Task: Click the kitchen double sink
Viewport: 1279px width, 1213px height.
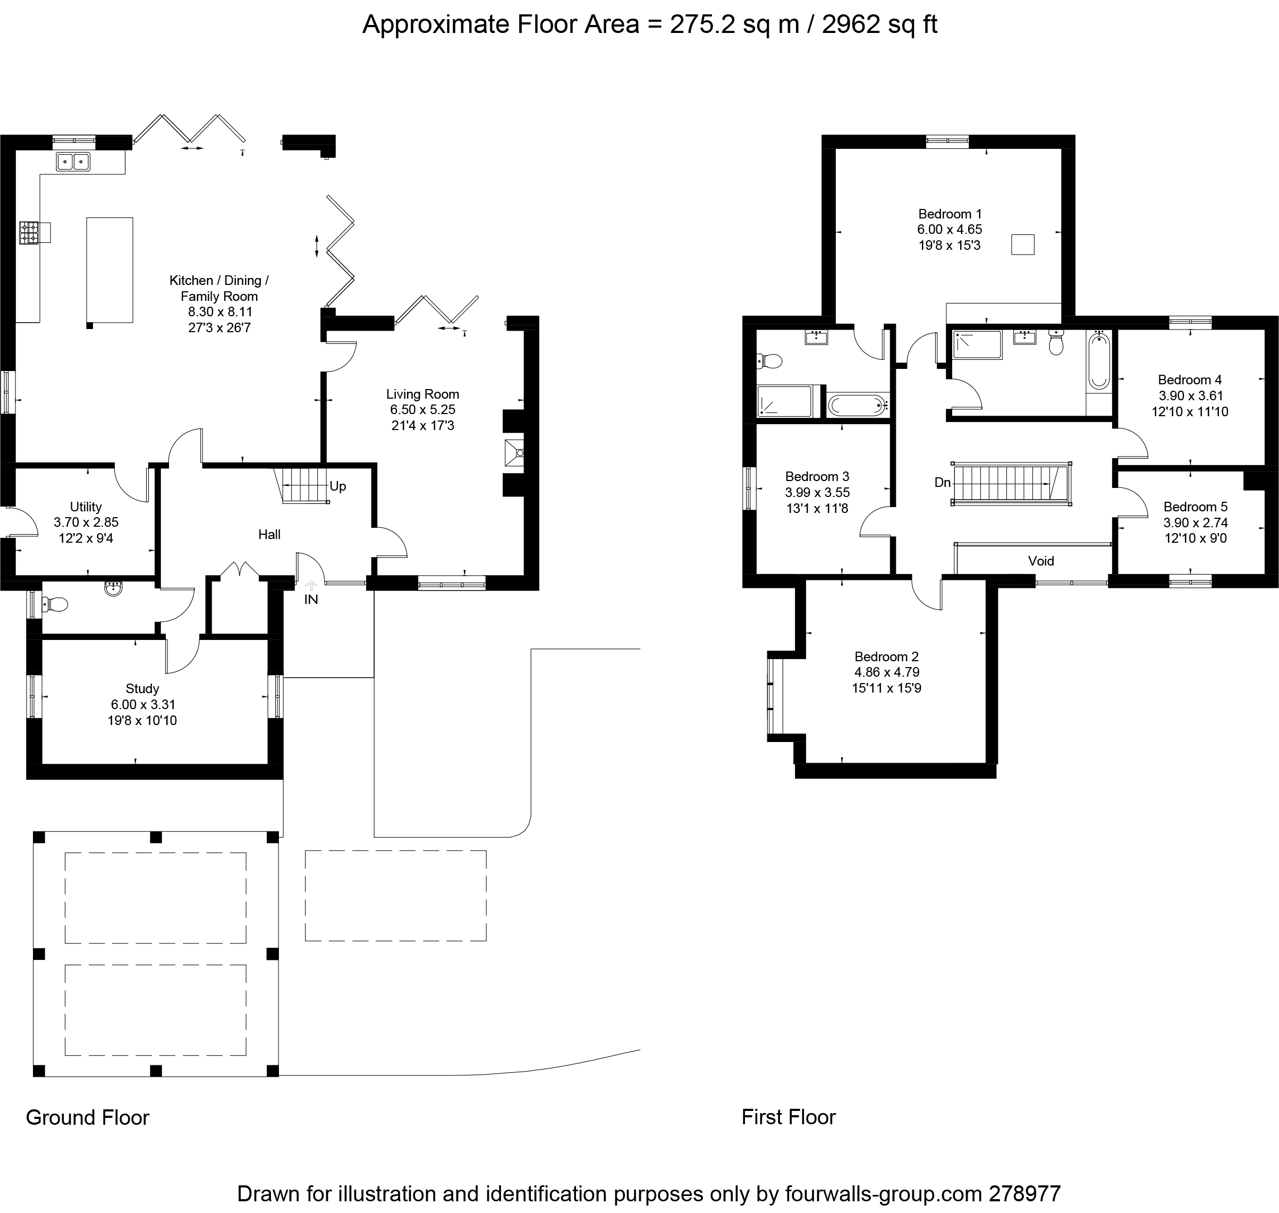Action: pos(73,161)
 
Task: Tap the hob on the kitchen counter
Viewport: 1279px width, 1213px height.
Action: pos(29,233)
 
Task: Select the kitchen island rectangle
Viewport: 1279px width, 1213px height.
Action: pos(110,269)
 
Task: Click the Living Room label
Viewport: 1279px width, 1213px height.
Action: pos(422,394)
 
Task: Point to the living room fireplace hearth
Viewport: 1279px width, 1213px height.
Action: pos(514,452)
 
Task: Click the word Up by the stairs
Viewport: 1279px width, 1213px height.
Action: pos(338,486)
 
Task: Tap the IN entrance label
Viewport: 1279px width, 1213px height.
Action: pos(311,600)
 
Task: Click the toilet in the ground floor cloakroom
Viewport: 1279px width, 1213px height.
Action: pos(55,604)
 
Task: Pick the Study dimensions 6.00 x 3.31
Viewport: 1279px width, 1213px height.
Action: pos(142,705)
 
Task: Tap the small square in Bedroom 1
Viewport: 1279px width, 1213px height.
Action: pos(1022,245)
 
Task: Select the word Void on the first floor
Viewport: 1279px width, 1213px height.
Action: pos(1041,561)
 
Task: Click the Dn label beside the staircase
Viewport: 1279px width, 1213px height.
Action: pos(942,482)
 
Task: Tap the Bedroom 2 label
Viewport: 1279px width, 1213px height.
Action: pos(887,657)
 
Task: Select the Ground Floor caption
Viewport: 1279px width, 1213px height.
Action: pos(87,1117)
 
